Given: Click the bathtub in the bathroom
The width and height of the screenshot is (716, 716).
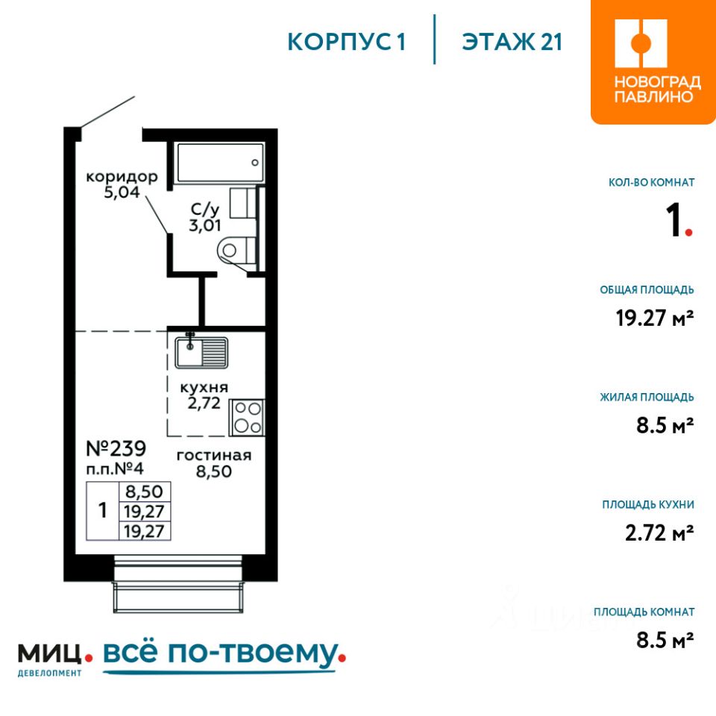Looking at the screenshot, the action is [x=221, y=163].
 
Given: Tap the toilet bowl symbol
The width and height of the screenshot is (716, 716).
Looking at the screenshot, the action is [x=236, y=251].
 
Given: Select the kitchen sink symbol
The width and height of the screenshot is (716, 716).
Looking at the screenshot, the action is [x=201, y=351].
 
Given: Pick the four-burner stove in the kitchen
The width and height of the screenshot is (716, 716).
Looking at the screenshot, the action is [x=247, y=417].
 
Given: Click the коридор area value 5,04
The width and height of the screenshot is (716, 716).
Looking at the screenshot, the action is [x=122, y=192].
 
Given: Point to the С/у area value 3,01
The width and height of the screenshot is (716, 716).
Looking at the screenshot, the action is [x=205, y=225].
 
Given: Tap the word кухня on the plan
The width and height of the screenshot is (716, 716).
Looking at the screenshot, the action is [x=204, y=388].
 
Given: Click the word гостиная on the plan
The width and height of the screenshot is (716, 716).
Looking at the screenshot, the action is [x=214, y=455].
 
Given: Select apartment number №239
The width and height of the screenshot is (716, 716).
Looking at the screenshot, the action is [x=116, y=448].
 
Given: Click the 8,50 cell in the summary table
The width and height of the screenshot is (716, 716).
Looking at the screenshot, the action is [x=144, y=492].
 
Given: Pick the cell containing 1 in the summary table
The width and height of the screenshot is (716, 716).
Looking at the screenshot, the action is [x=103, y=510].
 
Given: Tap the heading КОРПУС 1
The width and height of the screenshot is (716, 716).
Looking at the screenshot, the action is [x=346, y=42].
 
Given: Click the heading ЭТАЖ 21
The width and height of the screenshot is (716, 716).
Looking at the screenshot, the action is [x=512, y=42].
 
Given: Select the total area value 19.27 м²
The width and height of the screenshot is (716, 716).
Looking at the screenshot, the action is [x=654, y=318].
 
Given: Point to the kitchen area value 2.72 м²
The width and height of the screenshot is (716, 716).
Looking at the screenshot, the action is [x=659, y=533].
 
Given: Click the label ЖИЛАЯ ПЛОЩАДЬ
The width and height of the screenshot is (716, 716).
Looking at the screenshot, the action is [x=647, y=398].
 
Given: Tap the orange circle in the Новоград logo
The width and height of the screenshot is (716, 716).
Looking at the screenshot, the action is [x=641, y=43].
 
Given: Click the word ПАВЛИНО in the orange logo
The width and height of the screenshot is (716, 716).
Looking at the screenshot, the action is [x=653, y=96].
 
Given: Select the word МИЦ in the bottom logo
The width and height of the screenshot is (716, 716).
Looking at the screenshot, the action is [x=50, y=653].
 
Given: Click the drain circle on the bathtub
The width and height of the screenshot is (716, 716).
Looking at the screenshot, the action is [x=255, y=163].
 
